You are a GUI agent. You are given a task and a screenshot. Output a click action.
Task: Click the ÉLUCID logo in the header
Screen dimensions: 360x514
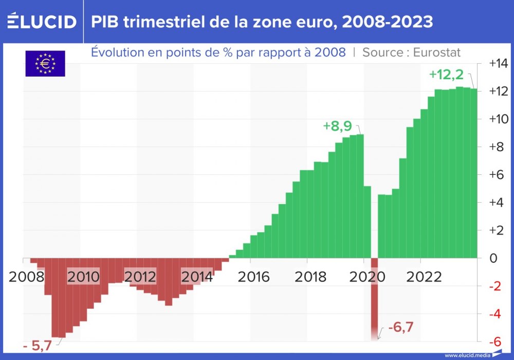click(42, 22)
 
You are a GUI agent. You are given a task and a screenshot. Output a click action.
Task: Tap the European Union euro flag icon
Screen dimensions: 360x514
click(45, 64)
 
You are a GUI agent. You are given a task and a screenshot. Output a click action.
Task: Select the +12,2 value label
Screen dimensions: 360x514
click(446, 75)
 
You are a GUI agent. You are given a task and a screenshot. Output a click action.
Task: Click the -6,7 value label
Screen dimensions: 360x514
click(400, 327)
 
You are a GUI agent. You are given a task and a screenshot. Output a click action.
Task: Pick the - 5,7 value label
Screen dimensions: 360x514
click(38, 346)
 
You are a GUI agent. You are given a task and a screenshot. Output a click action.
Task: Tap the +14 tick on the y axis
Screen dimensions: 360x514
click(498, 63)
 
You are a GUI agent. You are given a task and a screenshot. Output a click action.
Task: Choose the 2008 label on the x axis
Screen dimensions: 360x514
click(26, 277)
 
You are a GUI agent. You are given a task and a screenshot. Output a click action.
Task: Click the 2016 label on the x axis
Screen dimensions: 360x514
click(253, 277)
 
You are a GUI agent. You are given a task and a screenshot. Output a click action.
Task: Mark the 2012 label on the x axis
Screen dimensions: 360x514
click(140, 277)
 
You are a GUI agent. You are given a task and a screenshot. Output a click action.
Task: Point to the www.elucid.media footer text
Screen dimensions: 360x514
click(467, 355)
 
